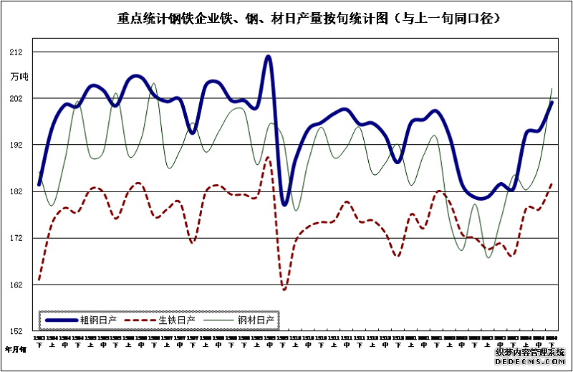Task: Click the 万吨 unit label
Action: tap(19, 76)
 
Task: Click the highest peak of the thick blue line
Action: tap(268, 56)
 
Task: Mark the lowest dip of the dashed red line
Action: tap(284, 290)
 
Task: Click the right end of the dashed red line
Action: tap(552, 183)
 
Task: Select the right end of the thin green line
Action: tap(552, 88)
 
